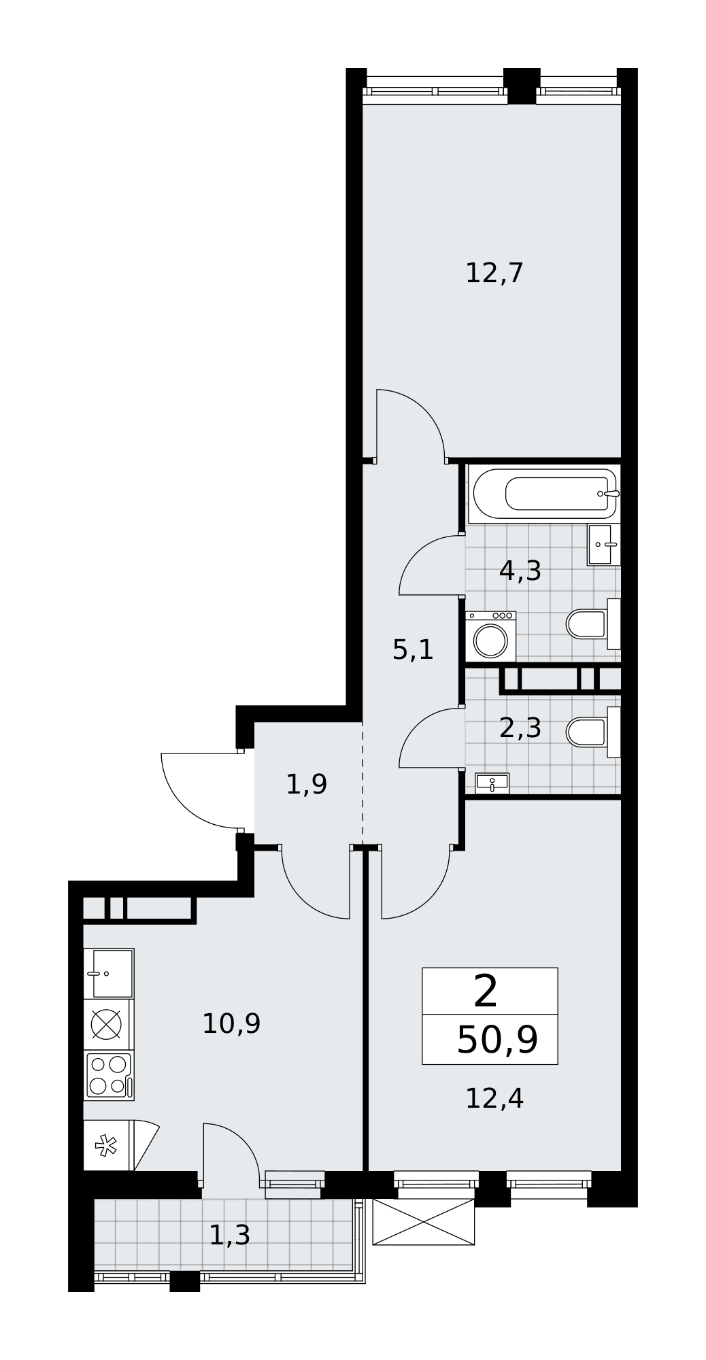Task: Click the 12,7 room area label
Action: [494, 273]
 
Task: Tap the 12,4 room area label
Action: [494, 1098]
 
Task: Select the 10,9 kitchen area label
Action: [231, 1023]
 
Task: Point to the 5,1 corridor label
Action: [413, 651]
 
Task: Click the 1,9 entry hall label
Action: [307, 785]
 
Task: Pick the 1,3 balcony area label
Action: [229, 1236]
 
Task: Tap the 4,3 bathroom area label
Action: [520, 571]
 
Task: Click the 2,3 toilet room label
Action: [520, 728]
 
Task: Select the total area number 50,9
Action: [497, 1040]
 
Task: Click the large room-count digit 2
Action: [486, 991]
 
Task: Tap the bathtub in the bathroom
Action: [544, 494]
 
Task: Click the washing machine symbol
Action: [490, 636]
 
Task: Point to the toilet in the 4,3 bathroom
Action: [593, 624]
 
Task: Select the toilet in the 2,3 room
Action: [593, 732]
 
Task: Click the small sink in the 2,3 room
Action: [492, 783]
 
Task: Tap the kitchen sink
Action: [109, 974]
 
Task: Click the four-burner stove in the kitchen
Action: [109, 1076]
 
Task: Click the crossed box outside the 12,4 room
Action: [424, 1222]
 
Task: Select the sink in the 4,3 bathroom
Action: [604, 545]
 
